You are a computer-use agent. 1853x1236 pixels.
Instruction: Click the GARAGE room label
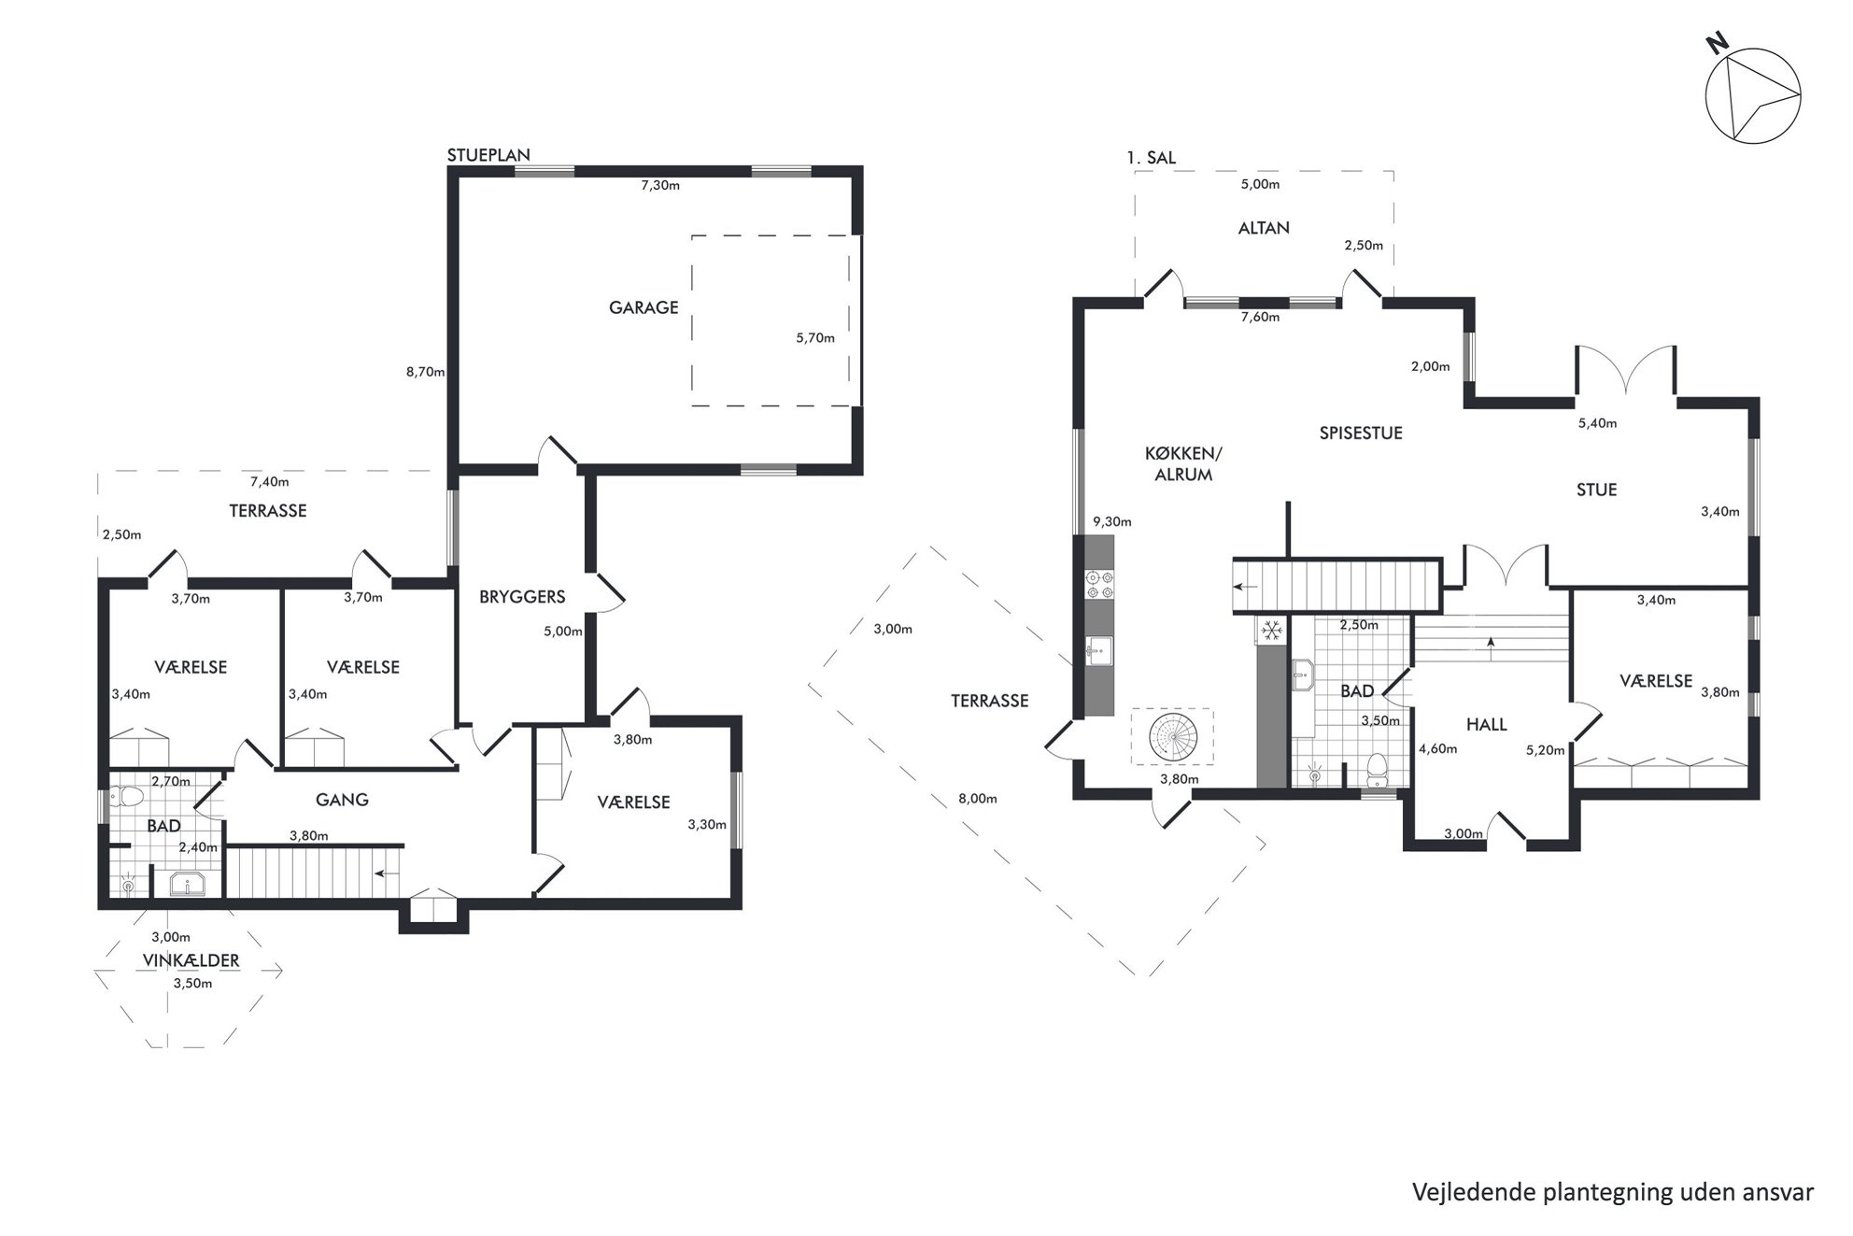644,307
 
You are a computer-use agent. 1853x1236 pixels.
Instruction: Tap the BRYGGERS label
522,597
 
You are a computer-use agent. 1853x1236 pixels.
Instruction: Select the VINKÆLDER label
191,960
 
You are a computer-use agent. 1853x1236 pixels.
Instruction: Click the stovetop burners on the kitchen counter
1098,584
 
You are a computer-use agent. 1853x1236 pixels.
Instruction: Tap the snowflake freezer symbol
1270,632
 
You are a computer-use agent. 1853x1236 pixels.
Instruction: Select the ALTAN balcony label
1264,228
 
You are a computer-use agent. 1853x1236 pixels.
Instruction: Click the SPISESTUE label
1361,433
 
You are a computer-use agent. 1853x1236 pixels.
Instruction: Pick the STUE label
1596,490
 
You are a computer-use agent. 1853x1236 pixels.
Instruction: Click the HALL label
1486,724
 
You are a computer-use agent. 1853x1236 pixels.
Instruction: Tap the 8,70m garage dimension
425,372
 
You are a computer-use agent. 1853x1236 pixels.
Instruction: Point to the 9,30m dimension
1111,522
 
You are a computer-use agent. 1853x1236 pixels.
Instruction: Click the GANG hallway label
342,800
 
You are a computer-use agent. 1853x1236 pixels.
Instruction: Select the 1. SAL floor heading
1151,158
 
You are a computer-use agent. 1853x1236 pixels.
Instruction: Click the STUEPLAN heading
488,155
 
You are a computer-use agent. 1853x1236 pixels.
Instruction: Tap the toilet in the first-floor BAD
1376,770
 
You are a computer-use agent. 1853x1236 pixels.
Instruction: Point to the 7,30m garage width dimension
660,185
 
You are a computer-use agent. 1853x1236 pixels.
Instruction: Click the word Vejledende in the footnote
1464,1193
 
